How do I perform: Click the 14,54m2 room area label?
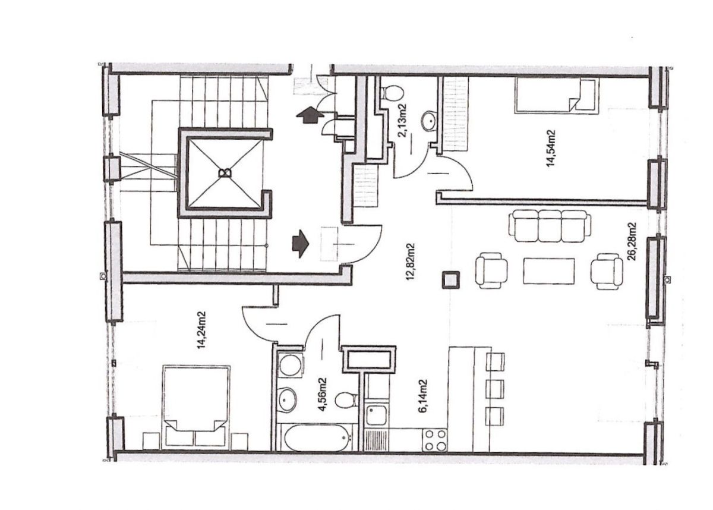[x=551, y=148]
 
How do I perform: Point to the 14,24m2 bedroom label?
[x=201, y=330]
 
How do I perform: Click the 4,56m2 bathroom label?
[x=323, y=395]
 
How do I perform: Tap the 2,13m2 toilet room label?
[x=403, y=120]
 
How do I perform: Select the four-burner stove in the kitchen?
[x=434, y=439]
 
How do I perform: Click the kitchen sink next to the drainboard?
[x=376, y=415]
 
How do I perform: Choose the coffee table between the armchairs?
[x=549, y=271]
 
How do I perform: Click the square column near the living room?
[x=450, y=279]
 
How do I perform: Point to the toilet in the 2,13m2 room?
[x=392, y=93]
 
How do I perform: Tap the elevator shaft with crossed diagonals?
[x=225, y=173]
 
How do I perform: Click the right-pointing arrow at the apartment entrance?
[x=300, y=244]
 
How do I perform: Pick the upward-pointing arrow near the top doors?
[x=309, y=115]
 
